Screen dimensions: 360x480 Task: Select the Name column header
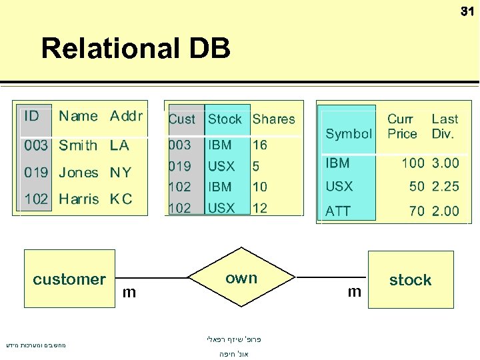click(x=78, y=116)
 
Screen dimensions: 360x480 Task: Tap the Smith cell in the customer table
click(x=78, y=145)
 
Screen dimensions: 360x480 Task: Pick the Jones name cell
click(x=78, y=172)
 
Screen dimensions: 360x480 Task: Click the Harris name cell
click(x=79, y=199)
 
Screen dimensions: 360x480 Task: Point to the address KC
click(x=121, y=199)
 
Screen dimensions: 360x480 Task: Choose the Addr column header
click(x=126, y=116)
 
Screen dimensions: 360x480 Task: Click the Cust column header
click(x=181, y=119)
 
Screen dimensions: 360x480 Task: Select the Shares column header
click(x=273, y=119)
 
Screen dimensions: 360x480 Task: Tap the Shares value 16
click(x=259, y=145)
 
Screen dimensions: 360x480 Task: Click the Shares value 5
click(x=256, y=166)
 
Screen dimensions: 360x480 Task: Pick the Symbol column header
click(x=348, y=133)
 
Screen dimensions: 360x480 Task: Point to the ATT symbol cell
click(x=338, y=211)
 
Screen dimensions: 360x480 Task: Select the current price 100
click(x=413, y=163)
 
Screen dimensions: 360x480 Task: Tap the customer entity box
click(x=69, y=279)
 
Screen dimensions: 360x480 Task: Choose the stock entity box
click(x=411, y=280)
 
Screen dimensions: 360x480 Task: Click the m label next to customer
click(x=129, y=292)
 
